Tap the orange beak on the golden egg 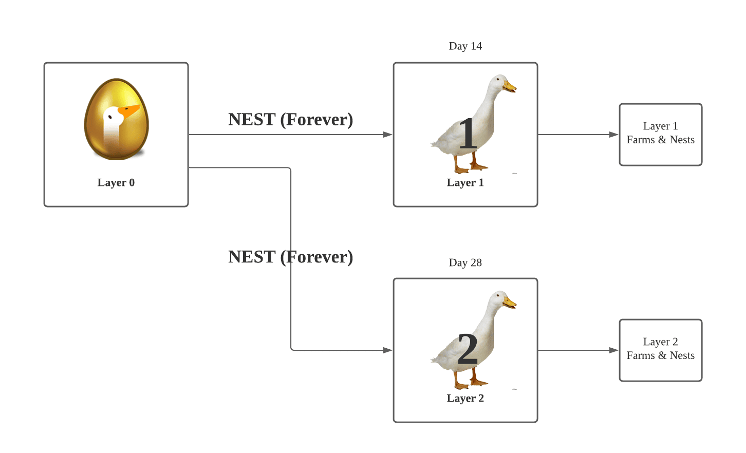(128, 111)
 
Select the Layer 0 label (116, 182)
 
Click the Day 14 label (465, 46)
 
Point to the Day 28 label (465, 263)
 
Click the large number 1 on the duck (468, 134)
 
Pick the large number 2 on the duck (468, 349)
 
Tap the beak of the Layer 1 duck (510, 86)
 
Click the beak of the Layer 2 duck (510, 303)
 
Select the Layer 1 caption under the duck (465, 182)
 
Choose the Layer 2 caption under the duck (465, 399)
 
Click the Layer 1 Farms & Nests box (660, 135)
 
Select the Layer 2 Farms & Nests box (660, 350)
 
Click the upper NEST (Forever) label (290, 120)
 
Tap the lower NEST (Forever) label (290, 257)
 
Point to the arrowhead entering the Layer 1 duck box (388, 135)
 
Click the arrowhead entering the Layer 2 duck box (388, 350)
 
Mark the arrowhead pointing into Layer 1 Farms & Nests (613, 135)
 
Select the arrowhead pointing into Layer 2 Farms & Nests (613, 350)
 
